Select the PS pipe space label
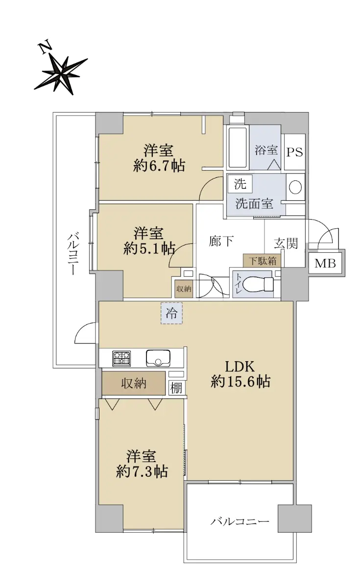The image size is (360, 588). (x=295, y=152)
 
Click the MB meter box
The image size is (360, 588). (x=325, y=263)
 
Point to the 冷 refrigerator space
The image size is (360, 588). (x=171, y=313)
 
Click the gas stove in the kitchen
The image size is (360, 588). (x=122, y=358)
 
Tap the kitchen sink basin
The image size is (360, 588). (x=158, y=358)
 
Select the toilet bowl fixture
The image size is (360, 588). (x=259, y=284)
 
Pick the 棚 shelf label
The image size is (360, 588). (x=176, y=388)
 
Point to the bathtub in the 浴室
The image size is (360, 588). (x=238, y=148)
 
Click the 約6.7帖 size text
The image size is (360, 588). (x=159, y=166)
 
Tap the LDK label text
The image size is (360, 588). (x=240, y=367)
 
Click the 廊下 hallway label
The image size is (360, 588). (x=221, y=241)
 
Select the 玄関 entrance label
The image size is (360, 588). (x=286, y=243)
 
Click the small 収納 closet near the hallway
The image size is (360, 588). (x=184, y=289)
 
